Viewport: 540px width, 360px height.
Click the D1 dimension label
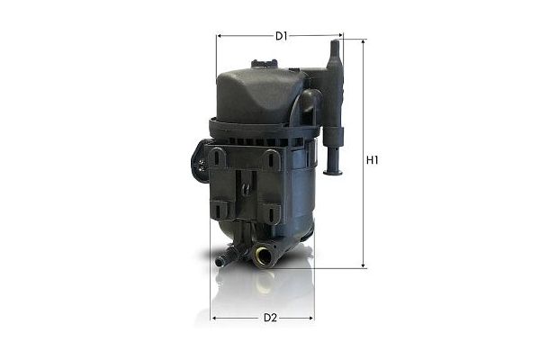pyautogui.click(x=281, y=36)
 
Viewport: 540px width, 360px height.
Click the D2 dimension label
pyautogui.click(x=269, y=318)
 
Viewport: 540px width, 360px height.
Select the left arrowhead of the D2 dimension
pyautogui.click(x=213, y=318)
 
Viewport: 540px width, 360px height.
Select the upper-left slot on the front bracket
pyautogui.click(x=218, y=158)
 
